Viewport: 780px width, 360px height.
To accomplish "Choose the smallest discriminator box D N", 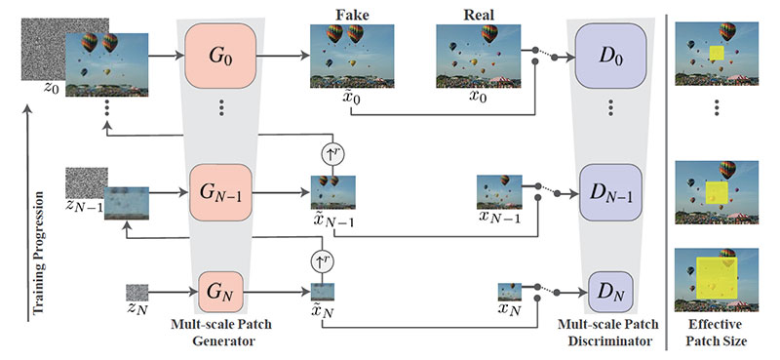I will pos(609,290).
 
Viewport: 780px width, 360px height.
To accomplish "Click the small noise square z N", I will pos(137,292).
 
